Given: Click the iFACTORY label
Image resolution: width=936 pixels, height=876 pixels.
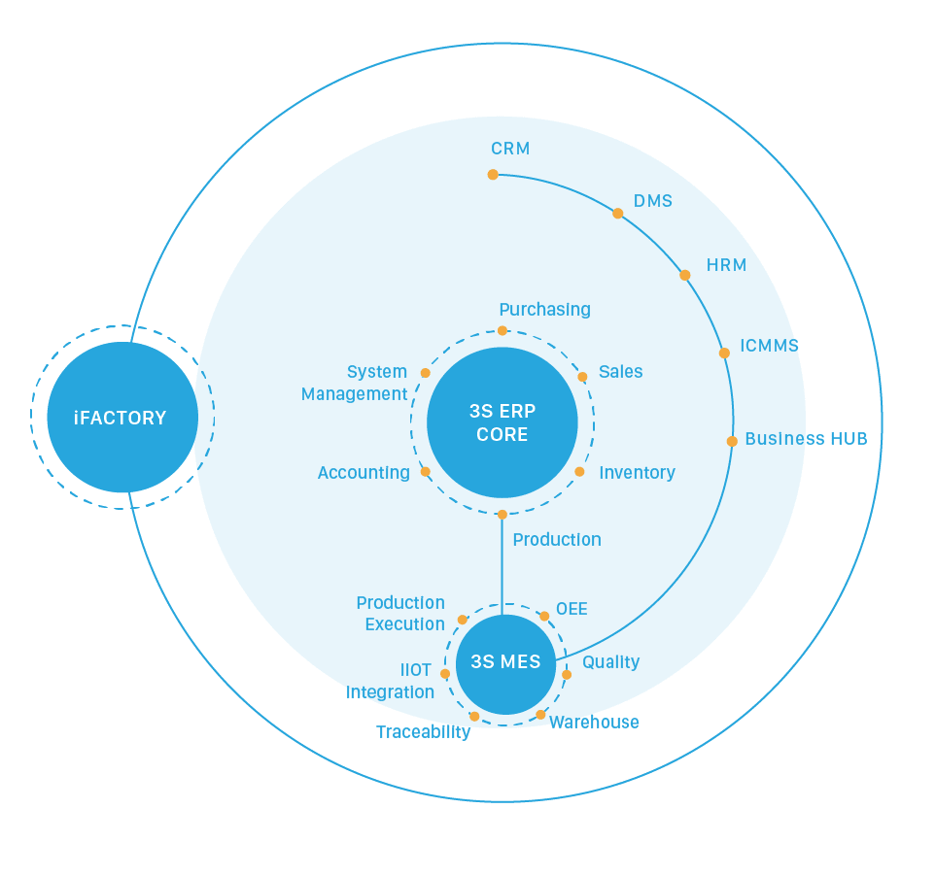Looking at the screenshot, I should point(121,419).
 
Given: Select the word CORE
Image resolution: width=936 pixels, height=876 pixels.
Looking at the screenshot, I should point(503,434).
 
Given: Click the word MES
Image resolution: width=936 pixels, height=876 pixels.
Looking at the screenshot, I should point(522,662).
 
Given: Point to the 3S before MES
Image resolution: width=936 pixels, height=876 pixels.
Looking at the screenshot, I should point(483,662).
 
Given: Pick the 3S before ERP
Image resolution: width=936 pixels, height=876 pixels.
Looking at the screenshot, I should point(483,411).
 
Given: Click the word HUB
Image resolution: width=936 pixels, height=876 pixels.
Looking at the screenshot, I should point(849,439).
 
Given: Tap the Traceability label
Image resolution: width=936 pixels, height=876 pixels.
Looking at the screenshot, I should point(423,732).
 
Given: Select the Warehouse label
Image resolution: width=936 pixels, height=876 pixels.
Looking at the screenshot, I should point(595,723).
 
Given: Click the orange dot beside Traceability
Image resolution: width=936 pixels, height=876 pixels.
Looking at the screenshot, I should point(474,717).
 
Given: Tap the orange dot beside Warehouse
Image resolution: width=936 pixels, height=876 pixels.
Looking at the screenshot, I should point(540,715).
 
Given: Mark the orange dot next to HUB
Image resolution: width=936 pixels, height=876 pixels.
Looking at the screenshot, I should point(732,441).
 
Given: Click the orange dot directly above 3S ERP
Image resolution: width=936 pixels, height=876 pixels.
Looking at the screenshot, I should point(503,330).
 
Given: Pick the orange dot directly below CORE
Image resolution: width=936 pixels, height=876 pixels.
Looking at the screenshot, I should point(503,515).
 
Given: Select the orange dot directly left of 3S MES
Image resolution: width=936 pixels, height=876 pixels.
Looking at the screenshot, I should point(445,674).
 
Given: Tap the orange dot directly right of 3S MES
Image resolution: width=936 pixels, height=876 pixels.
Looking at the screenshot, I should point(567,674).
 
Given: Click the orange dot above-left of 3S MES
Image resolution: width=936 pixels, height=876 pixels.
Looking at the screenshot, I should point(463,620).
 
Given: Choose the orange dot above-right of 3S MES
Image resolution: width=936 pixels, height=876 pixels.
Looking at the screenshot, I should point(544,616).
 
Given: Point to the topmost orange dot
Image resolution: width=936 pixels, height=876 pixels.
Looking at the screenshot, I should point(493,175).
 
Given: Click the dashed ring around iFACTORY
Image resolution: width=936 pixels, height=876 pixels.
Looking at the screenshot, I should point(32,418).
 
